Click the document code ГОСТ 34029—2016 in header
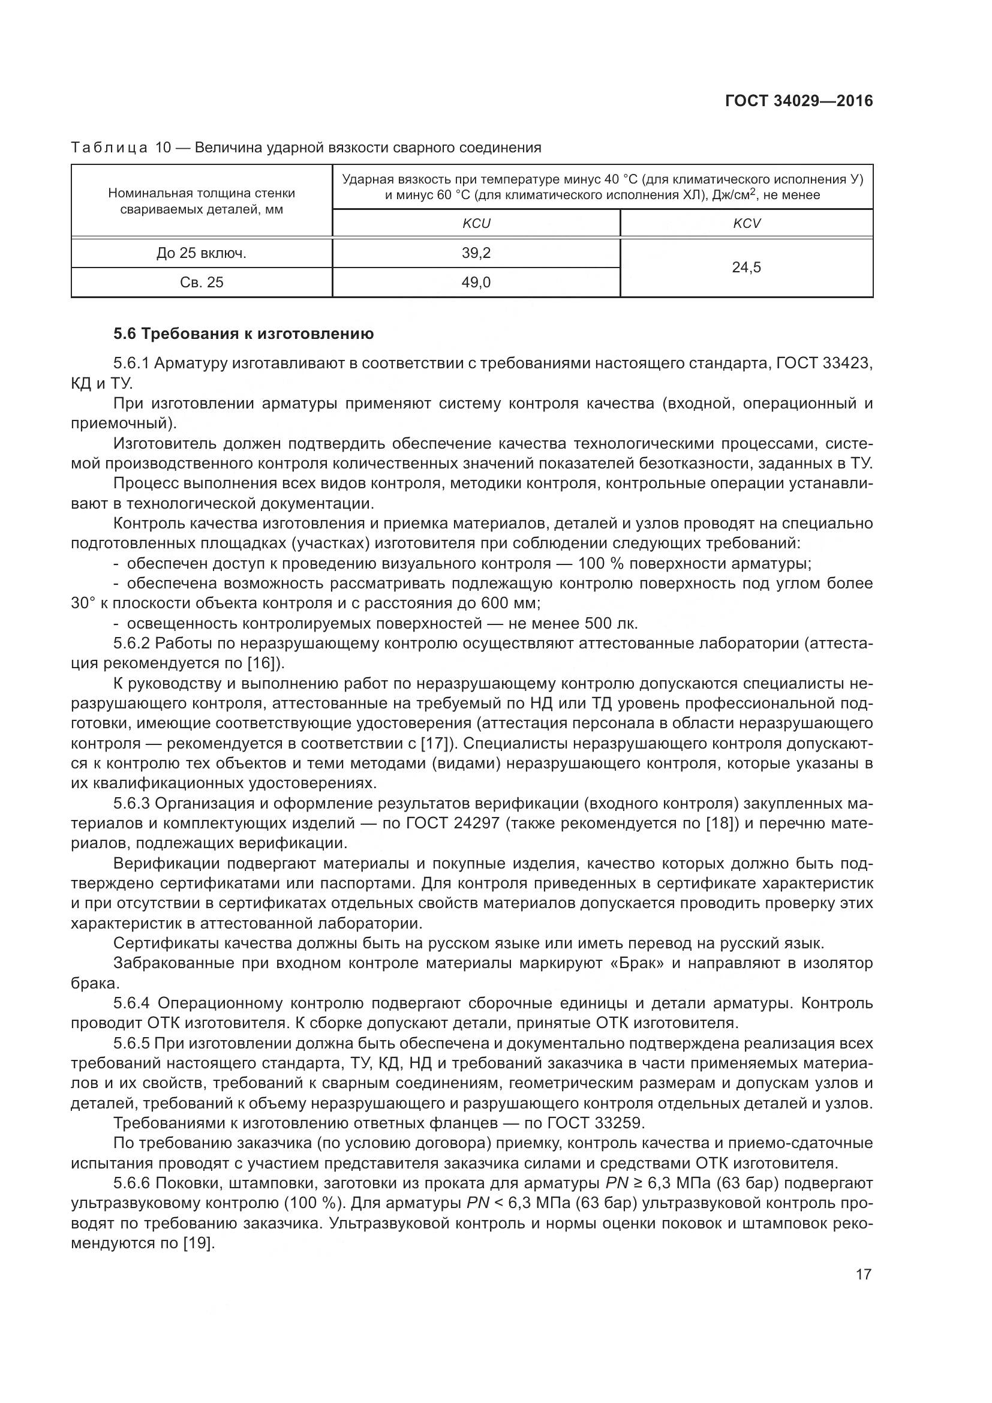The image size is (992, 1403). pos(798,101)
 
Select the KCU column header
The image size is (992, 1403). pos(476,224)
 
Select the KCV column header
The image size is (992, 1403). pos(747,224)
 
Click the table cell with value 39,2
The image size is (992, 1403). pos(476,253)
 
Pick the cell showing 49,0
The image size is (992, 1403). pos(476,283)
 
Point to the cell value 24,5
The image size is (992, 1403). pos(747,268)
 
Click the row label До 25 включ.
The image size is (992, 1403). pos(202,253)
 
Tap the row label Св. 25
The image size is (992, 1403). pos(202,283)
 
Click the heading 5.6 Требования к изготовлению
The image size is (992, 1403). pos(243,334)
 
